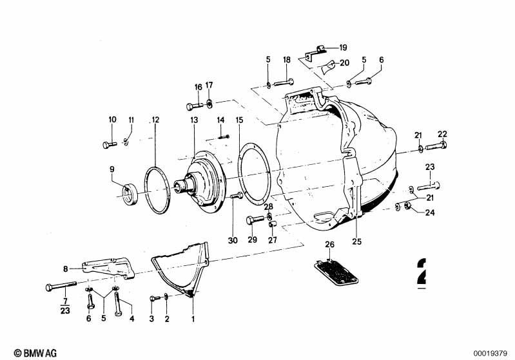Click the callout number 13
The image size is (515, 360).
click(x=194, y=120)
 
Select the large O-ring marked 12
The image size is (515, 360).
click(x=157, y=191)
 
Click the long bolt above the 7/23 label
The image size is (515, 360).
click(x=61, y=286)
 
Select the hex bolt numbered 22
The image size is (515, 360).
click(x=436, y=146)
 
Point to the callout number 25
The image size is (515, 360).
click(x=356, y=242)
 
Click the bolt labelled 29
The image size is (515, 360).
click(x=255, y=219)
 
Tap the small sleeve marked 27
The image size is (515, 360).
click(x=273, y=224)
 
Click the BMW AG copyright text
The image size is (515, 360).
click(x=35, y=353)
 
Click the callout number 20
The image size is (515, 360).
click(x=345, y=62)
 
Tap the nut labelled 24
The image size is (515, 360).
click(x=407, y=206)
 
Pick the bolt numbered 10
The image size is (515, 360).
click(x=110, y=144)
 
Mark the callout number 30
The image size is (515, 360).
click(x=233, y=240)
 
